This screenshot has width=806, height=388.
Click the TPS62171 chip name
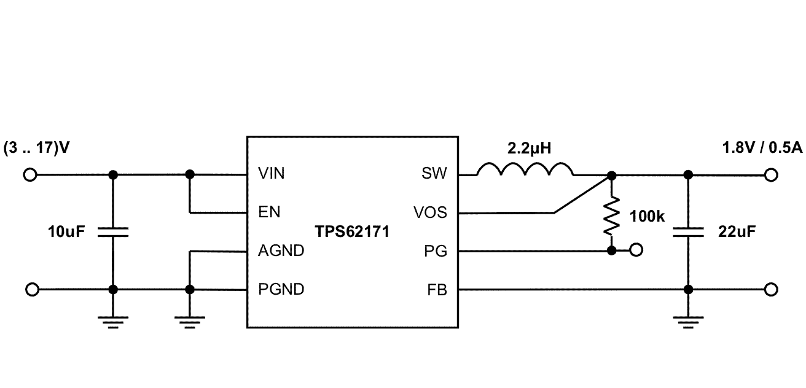point(352,232)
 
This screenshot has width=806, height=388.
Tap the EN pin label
point(269,212)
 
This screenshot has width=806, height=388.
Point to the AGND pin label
point(281,251)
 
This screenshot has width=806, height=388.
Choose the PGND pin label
point(281,289)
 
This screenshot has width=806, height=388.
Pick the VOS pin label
point(431,213)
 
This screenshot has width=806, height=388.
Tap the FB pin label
point(437,289)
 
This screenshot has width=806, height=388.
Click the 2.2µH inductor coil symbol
point(526,170)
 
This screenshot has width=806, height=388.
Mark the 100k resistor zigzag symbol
point(611,216)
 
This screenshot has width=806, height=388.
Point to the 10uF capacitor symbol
point(112,231)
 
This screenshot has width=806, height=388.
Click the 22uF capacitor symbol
point(688,232)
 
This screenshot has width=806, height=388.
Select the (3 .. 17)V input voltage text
point(36,149)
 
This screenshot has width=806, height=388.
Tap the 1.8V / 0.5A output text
point(762,149)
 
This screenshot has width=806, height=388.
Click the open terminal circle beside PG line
point(637,250)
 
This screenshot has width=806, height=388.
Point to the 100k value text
point(648,216)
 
